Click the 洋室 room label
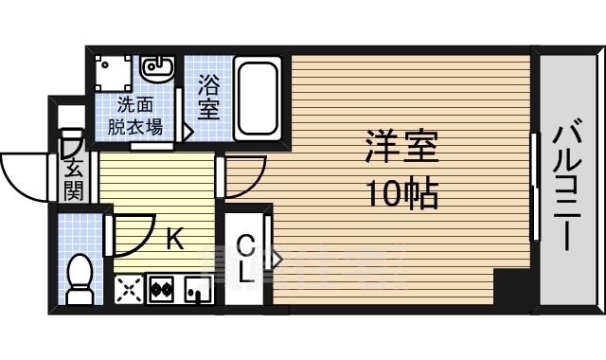[x=401, y=150]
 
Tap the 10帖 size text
[x=401, y=194]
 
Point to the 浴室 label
[x=209, y=98]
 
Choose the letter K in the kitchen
[x=174, y=240]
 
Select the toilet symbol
[x=80, y=278]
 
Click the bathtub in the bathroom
[x=258, y=99]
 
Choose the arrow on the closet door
[x=278, y=257]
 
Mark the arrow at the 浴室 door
[x=187, y=134]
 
